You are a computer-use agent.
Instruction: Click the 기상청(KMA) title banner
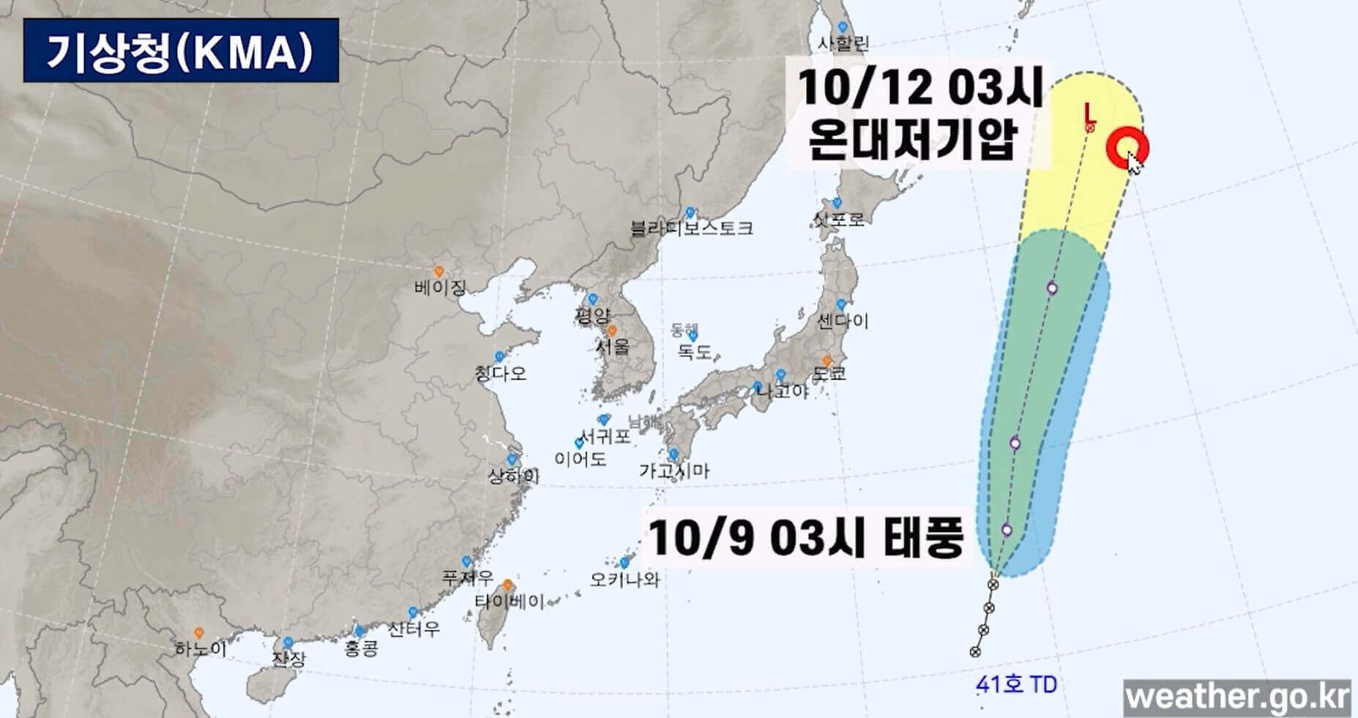180,51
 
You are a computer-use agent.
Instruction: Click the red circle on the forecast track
1126,147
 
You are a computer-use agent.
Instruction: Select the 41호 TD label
1015,685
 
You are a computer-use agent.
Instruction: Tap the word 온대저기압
912,139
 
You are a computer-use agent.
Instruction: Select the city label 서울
612,346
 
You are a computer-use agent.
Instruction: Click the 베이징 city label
439,286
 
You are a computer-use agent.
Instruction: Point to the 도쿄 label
829,374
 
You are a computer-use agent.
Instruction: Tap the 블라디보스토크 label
692,228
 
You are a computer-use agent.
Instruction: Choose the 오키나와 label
624,580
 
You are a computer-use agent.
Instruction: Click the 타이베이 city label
509,602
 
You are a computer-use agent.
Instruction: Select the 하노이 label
200,648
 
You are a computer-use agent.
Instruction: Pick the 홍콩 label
360,648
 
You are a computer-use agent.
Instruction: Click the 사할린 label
843,43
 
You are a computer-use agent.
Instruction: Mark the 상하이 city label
513,476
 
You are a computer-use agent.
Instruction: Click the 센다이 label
843,320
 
